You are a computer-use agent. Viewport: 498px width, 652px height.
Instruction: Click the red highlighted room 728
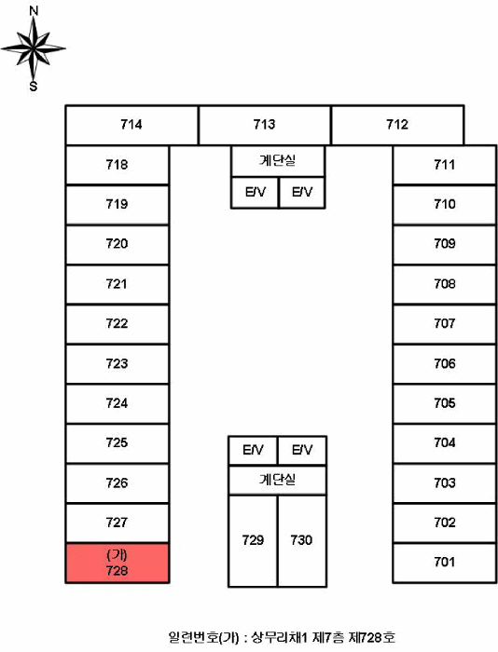117,563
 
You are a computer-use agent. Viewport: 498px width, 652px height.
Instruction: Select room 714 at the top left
131,125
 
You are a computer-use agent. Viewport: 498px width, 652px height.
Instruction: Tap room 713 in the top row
265,125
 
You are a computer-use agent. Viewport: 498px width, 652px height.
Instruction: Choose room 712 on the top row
397,125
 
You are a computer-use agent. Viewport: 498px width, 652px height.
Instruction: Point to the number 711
444,165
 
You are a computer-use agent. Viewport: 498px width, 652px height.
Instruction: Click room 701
444,563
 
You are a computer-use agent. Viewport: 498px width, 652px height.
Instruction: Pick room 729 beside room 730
253,540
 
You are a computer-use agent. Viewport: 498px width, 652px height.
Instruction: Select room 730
302,540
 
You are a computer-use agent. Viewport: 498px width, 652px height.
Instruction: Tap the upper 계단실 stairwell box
278,161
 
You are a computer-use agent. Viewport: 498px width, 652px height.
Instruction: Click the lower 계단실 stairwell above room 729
277,480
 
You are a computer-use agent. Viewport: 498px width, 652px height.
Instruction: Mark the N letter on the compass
34,11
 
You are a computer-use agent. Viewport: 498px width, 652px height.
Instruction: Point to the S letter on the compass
34,86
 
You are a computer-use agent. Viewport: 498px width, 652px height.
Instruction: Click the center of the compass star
34,48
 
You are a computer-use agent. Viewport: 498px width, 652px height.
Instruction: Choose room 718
117,165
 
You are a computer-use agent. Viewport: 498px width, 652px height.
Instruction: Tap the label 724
117,403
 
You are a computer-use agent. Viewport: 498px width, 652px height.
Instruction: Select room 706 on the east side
444,364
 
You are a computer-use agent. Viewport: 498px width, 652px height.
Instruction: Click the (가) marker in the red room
117,555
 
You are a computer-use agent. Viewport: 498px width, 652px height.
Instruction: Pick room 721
117,284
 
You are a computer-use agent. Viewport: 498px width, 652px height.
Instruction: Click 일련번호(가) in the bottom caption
204,637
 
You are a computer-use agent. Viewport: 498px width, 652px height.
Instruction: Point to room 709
444,244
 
